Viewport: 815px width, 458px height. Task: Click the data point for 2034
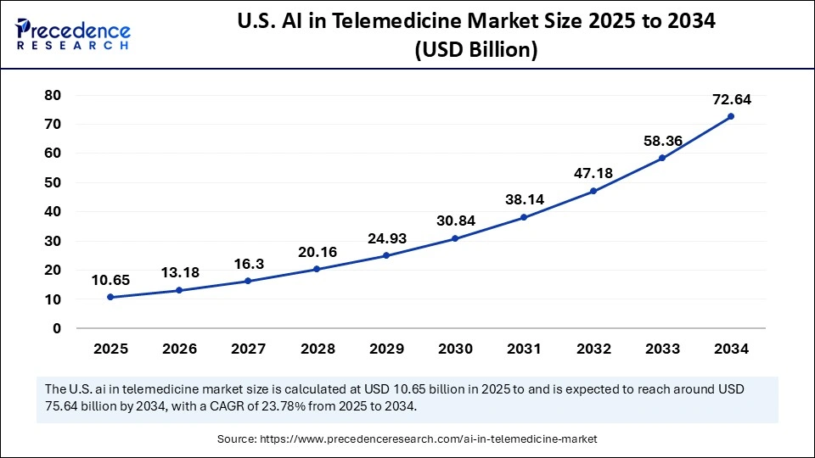click(x=730, y=116)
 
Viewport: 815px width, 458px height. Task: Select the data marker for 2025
click(x=110, y=297)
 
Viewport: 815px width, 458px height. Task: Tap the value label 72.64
click(x=730, y=99)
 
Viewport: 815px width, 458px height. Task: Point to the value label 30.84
click(x=455, y=221)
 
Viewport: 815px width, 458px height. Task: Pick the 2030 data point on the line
click(x=455, y=238)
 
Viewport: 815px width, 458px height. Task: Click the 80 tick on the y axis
click(x=53, y=95)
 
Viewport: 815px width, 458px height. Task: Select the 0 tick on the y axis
click(x=58, y=328)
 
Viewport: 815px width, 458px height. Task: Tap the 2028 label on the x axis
click(x=317, y=349)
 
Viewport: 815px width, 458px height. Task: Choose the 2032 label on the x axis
click(x=593, y=349)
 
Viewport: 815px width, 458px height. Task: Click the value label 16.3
click(x=248, y=264)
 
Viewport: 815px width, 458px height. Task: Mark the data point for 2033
click(x=661, y=158)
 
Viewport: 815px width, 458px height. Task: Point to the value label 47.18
click(x=593, y=173)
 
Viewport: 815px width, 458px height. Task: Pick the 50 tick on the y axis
click(x=53, y=182)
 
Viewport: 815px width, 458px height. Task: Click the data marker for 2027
click(x=248, y=281)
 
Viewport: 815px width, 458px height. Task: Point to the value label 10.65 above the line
click(x=110, y=280)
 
